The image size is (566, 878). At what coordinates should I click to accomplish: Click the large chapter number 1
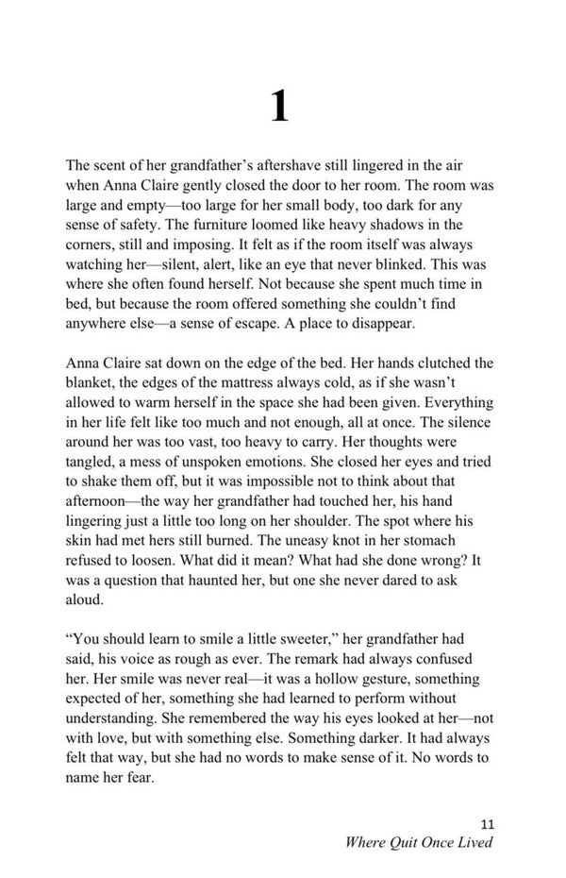[280, 107]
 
